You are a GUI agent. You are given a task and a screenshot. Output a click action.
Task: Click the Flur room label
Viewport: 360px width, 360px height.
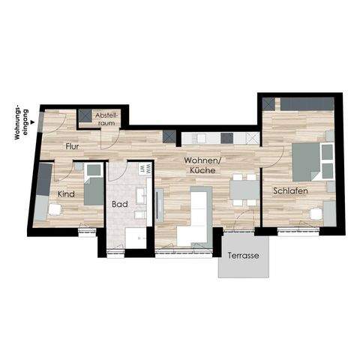[73, 146]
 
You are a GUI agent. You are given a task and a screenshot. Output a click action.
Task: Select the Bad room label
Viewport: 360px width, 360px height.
[120, 203]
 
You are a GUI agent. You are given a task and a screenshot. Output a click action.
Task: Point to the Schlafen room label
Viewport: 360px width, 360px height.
[289, 190]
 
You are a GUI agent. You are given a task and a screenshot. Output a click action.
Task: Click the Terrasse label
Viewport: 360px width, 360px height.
[244, 256]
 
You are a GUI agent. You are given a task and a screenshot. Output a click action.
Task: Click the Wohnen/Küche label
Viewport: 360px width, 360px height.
[203, 166]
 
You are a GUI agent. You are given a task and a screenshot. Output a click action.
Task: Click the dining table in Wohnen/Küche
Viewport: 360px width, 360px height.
[241, 189]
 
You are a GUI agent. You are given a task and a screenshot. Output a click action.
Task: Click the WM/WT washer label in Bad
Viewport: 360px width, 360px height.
[148, 171]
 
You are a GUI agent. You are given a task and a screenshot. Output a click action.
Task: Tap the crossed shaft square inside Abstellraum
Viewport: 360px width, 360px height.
[85, 116]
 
